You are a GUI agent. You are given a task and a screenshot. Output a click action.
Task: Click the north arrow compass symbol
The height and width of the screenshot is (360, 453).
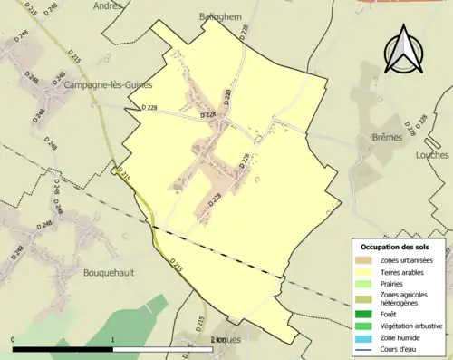(405, 53)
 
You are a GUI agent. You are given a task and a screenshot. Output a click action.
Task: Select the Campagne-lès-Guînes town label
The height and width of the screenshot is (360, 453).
(107, 84)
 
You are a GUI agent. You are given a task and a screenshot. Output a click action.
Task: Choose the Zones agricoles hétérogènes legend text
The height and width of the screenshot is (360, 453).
(405, 298)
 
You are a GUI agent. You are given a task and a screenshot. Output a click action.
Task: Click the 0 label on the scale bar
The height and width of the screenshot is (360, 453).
(13, 339)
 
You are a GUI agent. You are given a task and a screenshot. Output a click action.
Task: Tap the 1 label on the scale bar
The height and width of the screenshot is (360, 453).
(112, 339)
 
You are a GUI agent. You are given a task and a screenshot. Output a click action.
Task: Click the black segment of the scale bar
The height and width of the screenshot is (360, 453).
(63, 348)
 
